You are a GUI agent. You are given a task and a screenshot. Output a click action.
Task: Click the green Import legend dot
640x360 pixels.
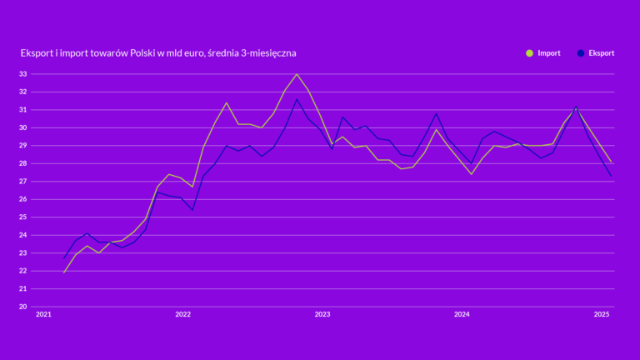click(x=529, y=53)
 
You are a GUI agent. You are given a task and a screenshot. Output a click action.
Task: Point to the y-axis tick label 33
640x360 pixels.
click(x=23, y=74)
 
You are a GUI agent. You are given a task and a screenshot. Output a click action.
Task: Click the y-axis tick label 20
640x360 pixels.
click(x=23, y=307)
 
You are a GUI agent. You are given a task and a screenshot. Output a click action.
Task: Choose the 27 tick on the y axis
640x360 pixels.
click(x=23, y=182)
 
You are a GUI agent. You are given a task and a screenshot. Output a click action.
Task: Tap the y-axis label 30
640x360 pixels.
click(x=23, y=127)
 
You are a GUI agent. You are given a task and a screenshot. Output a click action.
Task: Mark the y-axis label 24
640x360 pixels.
click(x=23, y=235)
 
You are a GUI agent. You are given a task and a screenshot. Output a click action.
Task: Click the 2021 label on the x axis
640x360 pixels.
click(x=43, y=315)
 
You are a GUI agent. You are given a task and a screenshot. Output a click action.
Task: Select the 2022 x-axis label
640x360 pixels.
click(x=183, y=315)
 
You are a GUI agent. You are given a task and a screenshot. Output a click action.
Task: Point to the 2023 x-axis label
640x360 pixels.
click(x=322, y=315)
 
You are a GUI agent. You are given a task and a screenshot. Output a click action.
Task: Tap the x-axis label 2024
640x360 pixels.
click(x=462, y=315)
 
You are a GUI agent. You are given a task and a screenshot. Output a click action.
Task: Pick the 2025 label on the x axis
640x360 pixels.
click(x=602, y=315)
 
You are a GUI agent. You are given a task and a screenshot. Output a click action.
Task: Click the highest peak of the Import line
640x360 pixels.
click(x=297, y=74)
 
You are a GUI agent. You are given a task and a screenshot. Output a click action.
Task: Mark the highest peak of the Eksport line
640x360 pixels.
click(x=297, y=99)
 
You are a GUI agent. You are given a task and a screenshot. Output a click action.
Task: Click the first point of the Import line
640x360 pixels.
click(x=64, y=272)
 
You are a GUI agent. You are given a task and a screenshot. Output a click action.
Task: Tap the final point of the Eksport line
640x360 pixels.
click(x=612, y=175)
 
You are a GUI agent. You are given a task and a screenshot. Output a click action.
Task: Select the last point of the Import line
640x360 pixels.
click(x=612, y=162)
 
